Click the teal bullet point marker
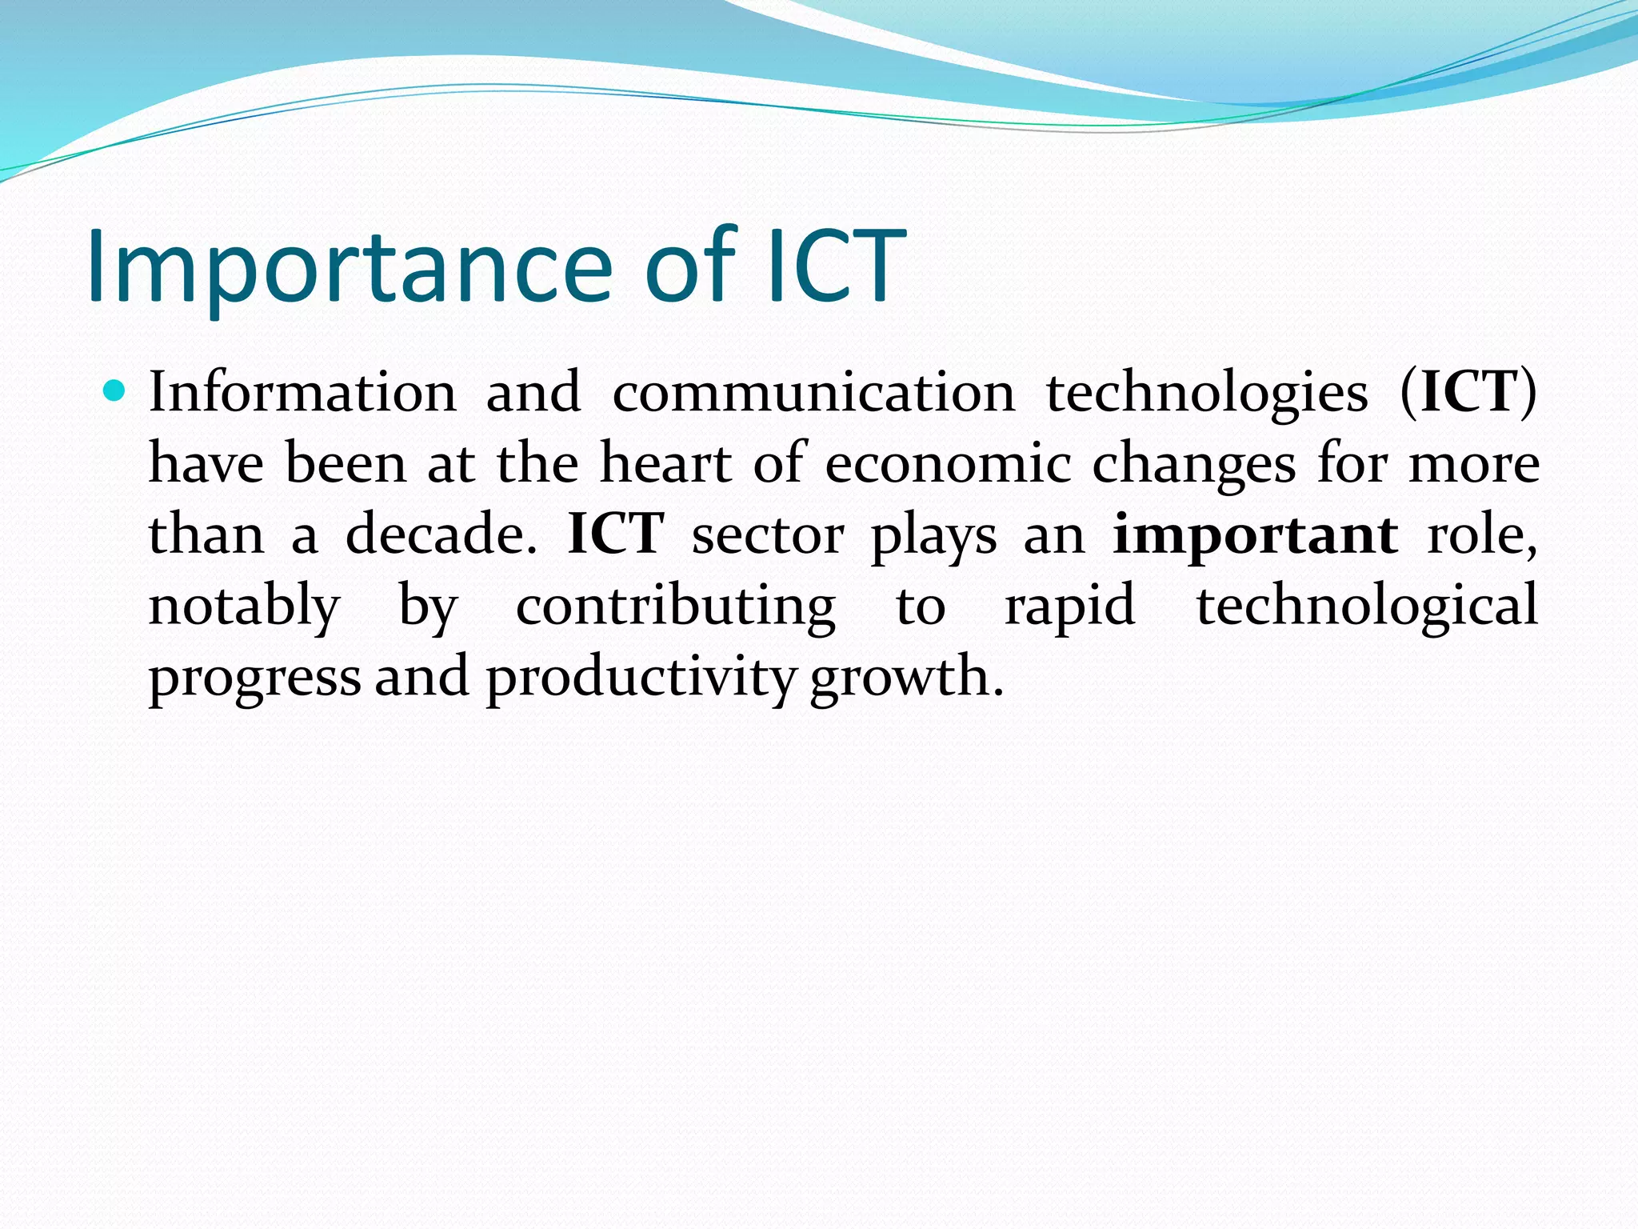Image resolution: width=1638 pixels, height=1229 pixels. [116, 391]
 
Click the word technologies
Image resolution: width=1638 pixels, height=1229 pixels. [1207, 394]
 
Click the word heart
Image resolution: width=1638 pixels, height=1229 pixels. [665, 463]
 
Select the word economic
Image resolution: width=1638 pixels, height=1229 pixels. [948, 463]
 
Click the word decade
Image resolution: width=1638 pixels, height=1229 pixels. [441, 534]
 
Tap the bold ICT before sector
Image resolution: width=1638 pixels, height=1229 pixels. [615, 534]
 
